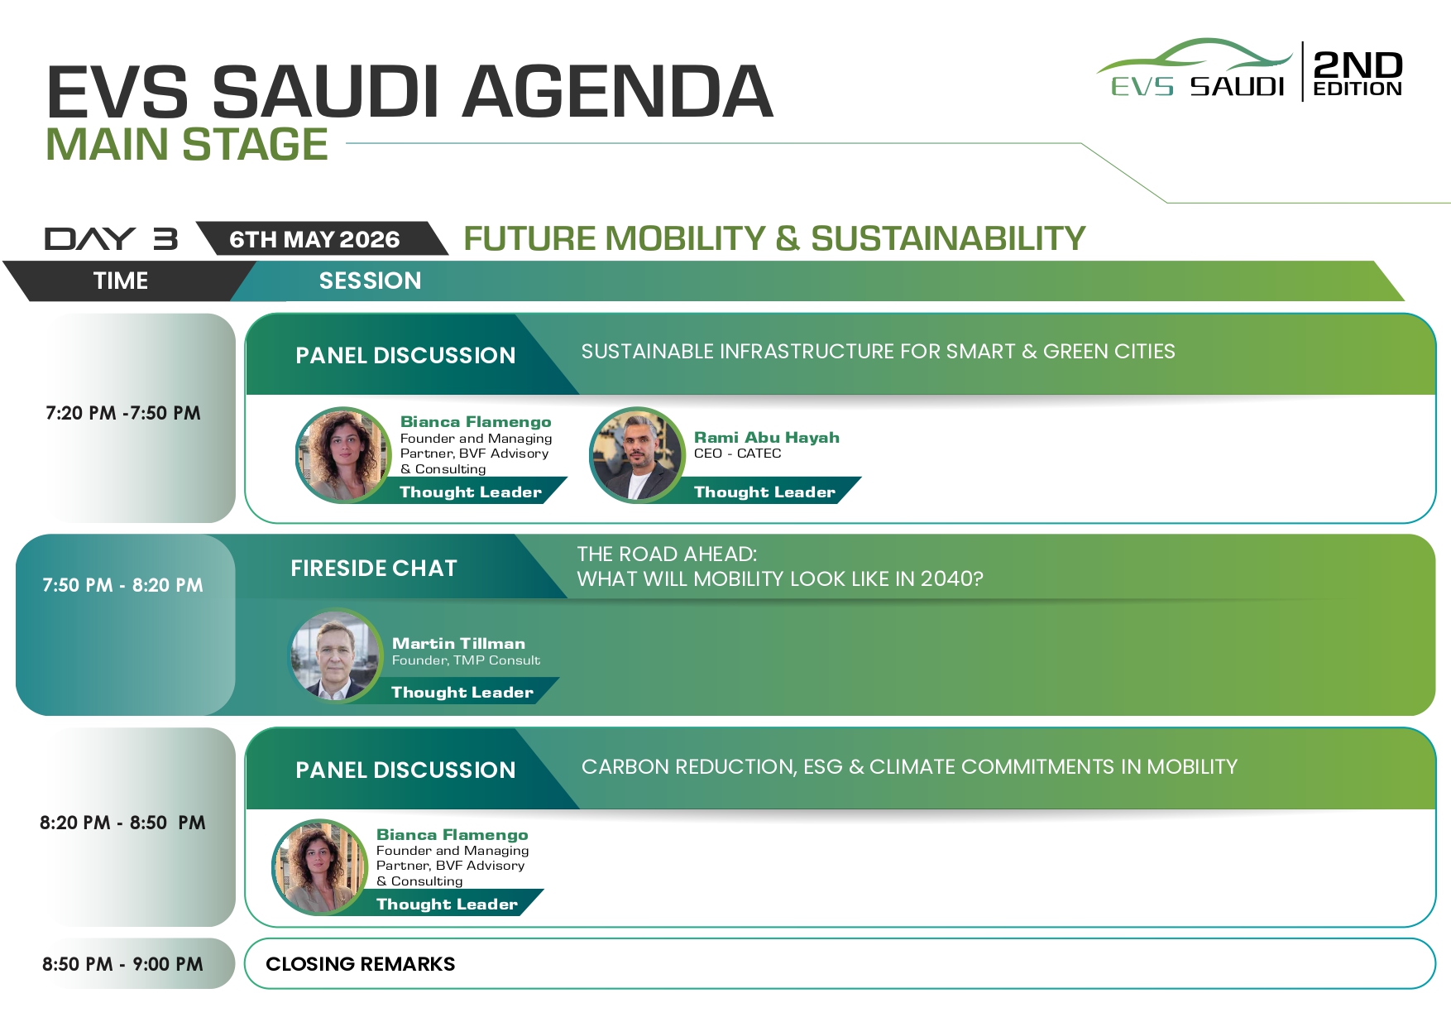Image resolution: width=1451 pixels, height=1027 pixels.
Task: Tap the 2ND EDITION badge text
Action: pyautogui.click(x=1358, y=73)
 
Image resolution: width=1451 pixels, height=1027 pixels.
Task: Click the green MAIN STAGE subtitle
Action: pyautogui.click(x=187, y=144)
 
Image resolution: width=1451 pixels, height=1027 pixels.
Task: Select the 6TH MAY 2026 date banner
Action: pyautogui.click(x=314, y=239)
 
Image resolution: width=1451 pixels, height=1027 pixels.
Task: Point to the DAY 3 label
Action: pyautogui.click(x=111, y=238)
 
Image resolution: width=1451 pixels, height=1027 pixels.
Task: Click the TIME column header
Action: pyautogui.click(x=121, y=281)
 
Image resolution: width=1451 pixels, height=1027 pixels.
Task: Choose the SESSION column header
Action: pyautogui.click(x=370, y=281)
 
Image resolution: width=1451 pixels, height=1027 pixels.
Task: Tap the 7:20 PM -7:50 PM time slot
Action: pyautogui.click(x=123, y=413)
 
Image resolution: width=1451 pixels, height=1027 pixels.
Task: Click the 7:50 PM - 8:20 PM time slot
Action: pyautogui.click(x=122, y=585)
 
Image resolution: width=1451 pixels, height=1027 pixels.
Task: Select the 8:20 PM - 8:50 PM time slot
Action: pyautogui.click(x=122, y=823)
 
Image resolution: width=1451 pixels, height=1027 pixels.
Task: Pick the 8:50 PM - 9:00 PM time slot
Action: pyautogui.click(x=122, y=964)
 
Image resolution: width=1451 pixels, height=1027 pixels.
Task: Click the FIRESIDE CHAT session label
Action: pyautogui.click(x=374, y=569)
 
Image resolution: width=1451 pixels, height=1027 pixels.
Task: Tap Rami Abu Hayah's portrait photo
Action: pyautogui.click(x=637, y=454)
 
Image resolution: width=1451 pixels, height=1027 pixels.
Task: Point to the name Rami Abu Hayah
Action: pyautogui.click(x=767, y=437)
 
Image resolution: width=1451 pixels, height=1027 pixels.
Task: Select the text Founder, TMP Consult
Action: pyautogui.click(x=466, y=660)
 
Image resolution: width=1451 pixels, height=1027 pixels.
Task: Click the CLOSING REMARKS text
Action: pyautogui.click(x=361, y=964)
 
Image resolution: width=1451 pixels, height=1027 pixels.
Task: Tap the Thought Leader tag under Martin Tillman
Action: pyautogui.click(x=462, y=692)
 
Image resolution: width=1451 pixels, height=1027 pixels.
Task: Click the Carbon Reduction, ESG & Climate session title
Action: pyautogui.click(x=909, y=767)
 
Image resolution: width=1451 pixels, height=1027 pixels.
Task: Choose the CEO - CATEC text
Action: pyautogui.click(x=738, y=454)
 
